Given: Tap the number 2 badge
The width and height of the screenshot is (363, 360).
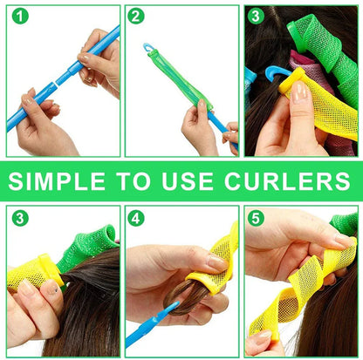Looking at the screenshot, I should tap(136, 16).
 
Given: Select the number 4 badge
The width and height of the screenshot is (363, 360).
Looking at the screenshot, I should tap(136, 219).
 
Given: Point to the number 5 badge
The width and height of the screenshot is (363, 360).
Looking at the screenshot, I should tap(256, 219).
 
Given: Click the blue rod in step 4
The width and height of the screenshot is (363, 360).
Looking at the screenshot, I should tap(148, 328).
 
